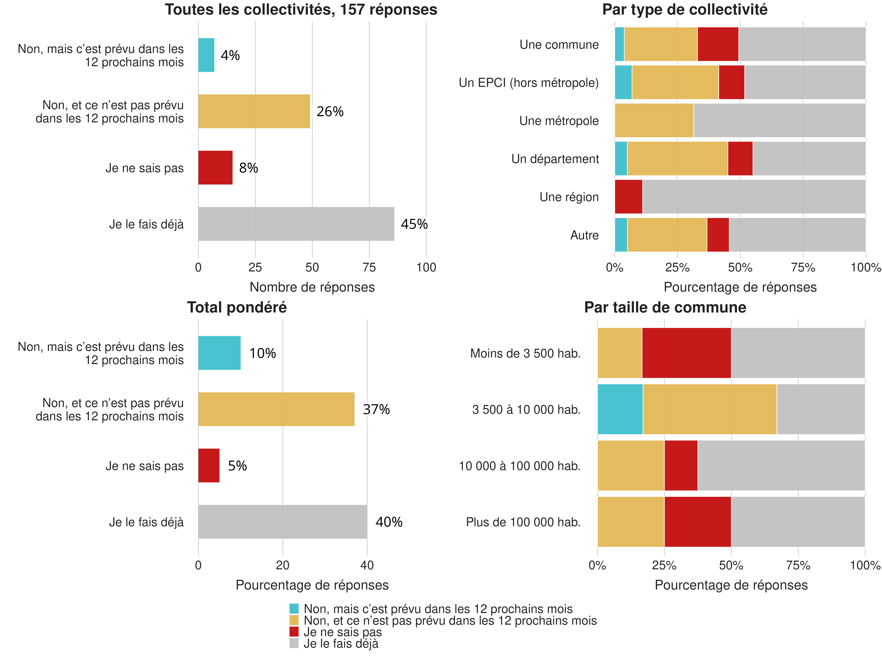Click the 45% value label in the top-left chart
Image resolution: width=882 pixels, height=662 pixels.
tap(414, 224)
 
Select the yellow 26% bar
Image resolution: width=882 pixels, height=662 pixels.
tap(254, 111)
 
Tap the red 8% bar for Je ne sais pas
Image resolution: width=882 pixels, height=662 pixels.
tap(215, 168)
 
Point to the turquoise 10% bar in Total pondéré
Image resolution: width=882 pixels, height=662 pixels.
tap(219, 353)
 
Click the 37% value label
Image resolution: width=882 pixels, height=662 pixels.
tap(376, 409)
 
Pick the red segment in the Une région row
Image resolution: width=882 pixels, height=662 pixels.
tap(628, 197)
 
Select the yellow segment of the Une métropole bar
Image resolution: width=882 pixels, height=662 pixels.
tap(654, 120)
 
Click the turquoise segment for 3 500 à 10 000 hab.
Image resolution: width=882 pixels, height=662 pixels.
tap(620, 409)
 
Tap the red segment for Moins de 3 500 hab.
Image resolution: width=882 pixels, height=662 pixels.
tap(686, 353)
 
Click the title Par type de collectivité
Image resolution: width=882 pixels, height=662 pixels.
tap(685, 10)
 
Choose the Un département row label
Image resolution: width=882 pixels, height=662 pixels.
tap(555, 159)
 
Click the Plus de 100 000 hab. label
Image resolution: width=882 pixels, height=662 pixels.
tap(523, 522)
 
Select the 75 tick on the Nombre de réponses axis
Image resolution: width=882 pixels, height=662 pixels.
tap(369, 267)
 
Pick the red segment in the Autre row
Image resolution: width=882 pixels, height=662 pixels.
tap(718, 235)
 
